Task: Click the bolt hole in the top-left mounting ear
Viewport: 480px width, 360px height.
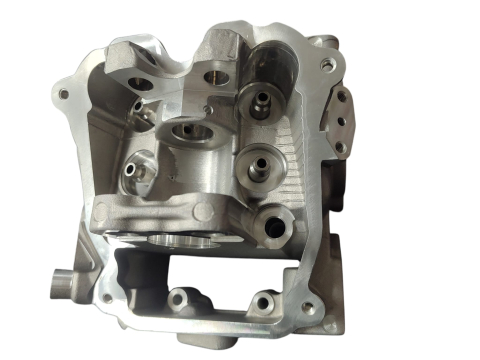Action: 64,94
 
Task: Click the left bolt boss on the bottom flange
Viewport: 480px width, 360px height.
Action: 184,297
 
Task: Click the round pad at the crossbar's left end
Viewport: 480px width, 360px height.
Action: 105,213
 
